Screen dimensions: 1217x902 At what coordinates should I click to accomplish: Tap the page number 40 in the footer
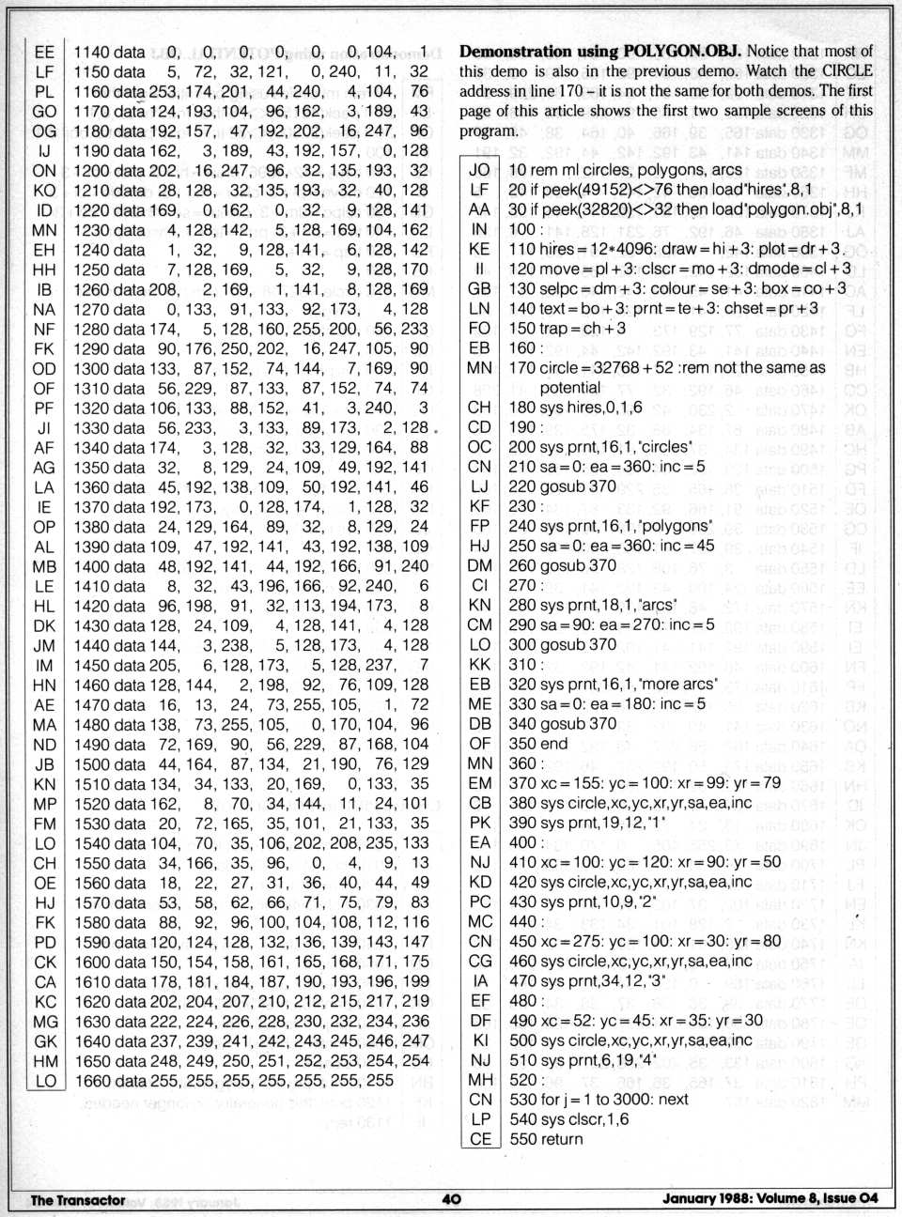point(451,1198)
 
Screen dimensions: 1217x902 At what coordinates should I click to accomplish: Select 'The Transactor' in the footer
point(78,1199)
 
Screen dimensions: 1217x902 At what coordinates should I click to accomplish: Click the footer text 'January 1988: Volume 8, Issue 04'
point(770,1198)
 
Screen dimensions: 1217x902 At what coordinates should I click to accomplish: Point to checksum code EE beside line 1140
point(44,53)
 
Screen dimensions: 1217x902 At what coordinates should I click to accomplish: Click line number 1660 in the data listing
point(92,1081)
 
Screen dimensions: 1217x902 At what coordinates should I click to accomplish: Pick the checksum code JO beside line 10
point(479,170)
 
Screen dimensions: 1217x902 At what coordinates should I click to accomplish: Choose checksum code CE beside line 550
point(480,1139)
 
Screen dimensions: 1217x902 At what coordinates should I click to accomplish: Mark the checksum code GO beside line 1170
point(44,112)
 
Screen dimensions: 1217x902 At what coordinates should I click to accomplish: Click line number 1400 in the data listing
point(92,566)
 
